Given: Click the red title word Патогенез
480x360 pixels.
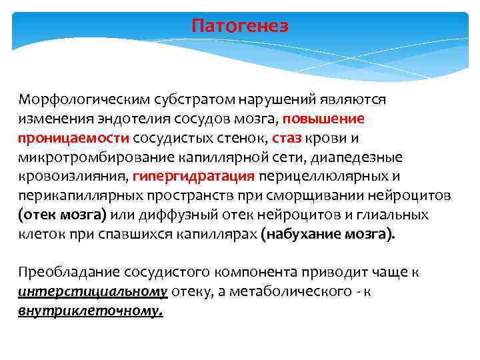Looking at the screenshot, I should tap(240, 26).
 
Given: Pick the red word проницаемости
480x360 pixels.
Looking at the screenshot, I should tap(73, 138).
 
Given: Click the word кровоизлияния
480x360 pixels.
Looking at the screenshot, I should tap(74, 177).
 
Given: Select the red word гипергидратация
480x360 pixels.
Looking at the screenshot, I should tap(194, 177).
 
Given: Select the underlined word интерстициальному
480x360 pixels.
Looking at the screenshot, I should tap(93, 292).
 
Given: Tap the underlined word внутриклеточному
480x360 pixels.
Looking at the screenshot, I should tap(91, 311).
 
